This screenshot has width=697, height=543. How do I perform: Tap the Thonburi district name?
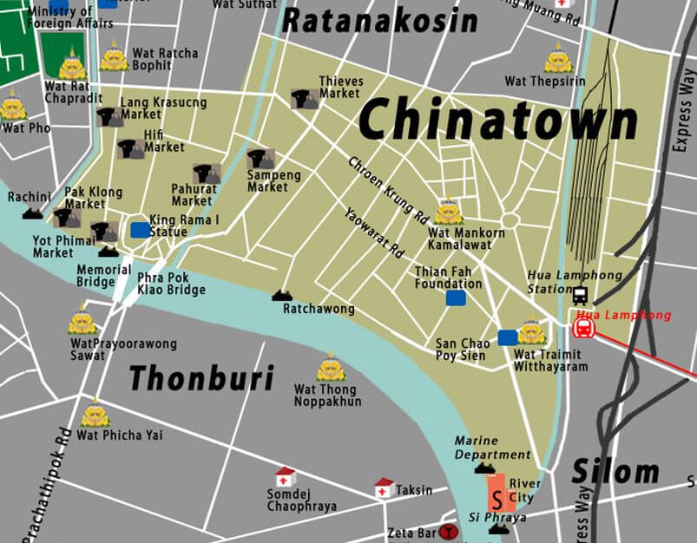[x=201, y=378]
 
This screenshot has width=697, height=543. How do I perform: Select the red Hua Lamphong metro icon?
[x=583, y=328]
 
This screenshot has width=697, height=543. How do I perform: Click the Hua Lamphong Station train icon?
[x=579, y=295]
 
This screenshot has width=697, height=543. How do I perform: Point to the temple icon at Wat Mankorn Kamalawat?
[x=448, y=212]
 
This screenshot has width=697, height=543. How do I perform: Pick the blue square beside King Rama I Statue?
[x=139, y=230]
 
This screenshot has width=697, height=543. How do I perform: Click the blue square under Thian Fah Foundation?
[x=455, y=298]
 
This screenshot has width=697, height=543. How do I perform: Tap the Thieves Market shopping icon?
[x=304, y=99]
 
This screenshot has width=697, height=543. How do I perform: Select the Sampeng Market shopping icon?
[x=260, y=159]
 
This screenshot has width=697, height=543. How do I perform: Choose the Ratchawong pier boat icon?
[x=281, y=295]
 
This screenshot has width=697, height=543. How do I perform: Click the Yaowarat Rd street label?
[x=374, y=232]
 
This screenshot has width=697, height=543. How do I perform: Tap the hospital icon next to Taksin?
[x=384, y=487]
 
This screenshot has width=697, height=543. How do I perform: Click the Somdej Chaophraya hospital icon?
[x=285, y=477]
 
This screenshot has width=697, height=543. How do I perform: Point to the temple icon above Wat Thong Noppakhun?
[x=330, y=368]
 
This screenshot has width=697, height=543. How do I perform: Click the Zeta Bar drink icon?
[x=448, y=532]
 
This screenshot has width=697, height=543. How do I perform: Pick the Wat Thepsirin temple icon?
[x=557, y=59]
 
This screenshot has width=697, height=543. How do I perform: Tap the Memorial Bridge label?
[x=95, y=276]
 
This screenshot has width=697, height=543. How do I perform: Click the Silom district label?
[x=615, y=473]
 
